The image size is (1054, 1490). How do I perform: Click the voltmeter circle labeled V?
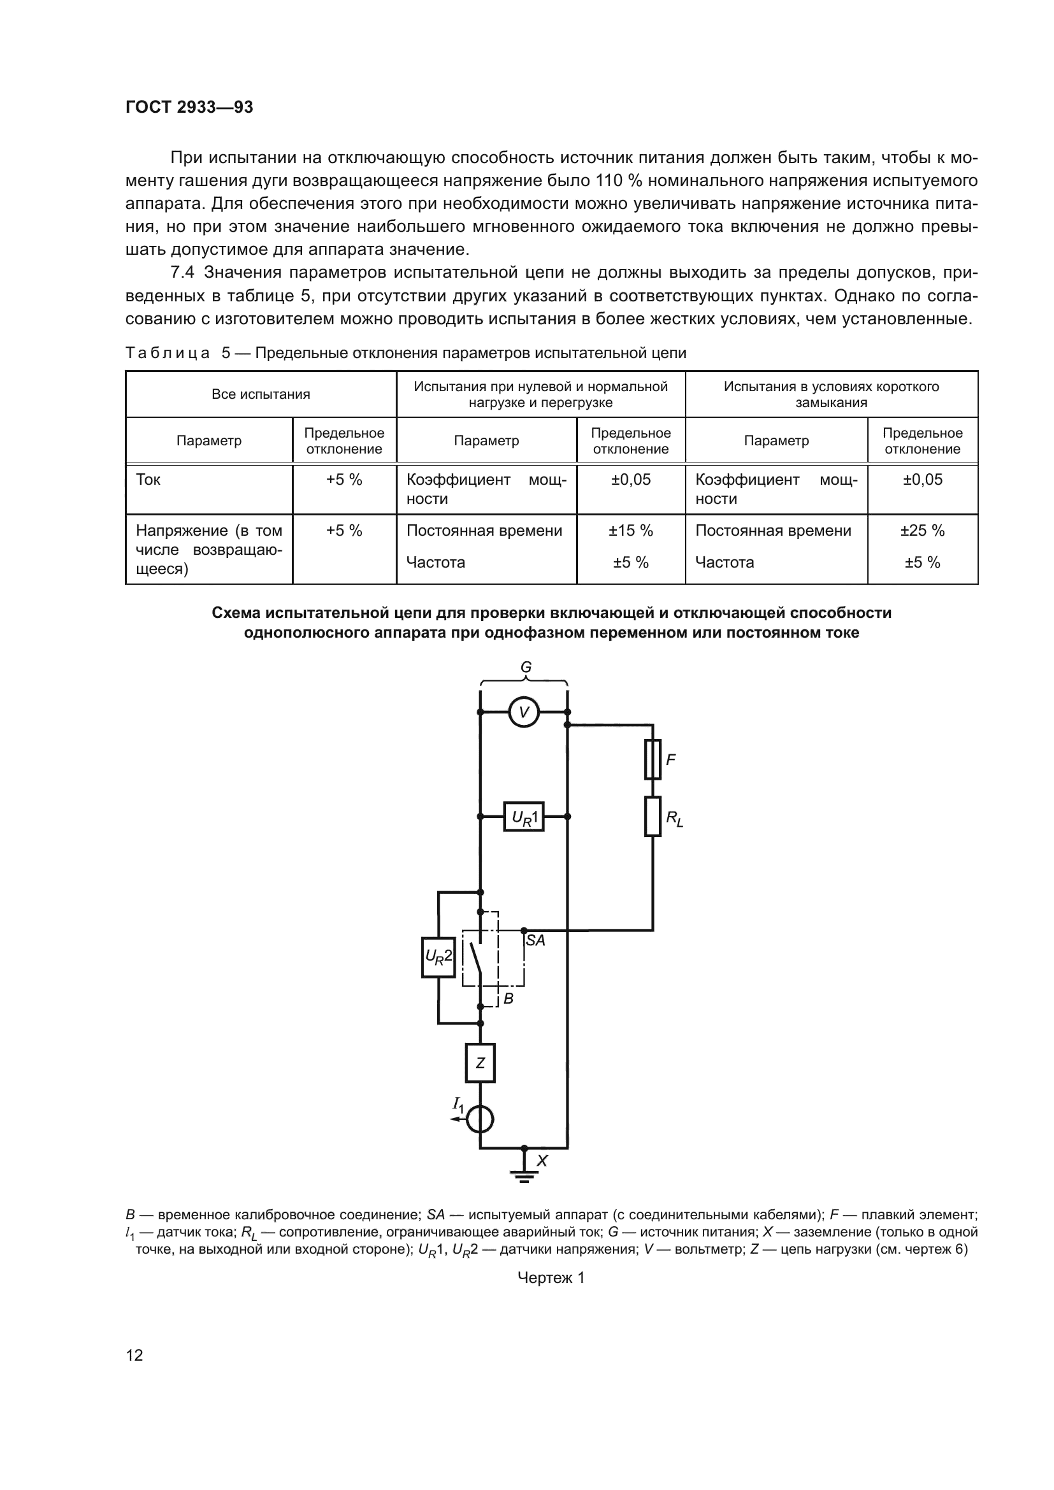click(524, 712)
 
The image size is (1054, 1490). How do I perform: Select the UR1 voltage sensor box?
click(524, 817)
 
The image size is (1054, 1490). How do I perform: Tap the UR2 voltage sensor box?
click(438, 957)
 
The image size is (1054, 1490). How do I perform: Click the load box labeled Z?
click(480, 1063)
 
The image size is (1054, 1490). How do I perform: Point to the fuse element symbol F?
click(653, 759)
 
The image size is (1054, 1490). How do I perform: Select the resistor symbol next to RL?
click(653, 817)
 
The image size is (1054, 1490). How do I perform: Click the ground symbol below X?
click(524, 1175)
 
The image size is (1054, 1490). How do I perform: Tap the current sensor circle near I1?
click(480, 1119)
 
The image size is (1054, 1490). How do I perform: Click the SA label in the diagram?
click(535, 940)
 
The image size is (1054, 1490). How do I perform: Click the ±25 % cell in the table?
click(921, 531)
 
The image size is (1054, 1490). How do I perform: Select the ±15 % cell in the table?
click(630, 531)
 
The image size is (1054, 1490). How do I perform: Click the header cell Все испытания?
click(261, 394)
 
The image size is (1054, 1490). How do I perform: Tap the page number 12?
click(134, 1355)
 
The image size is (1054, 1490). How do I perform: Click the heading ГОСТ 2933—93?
click(189, 107)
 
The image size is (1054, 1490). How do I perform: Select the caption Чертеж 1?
click(551, 1278)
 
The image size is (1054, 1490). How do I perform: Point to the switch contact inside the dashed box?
click(477, 958)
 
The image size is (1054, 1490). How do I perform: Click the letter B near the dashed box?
click(508, 999)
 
